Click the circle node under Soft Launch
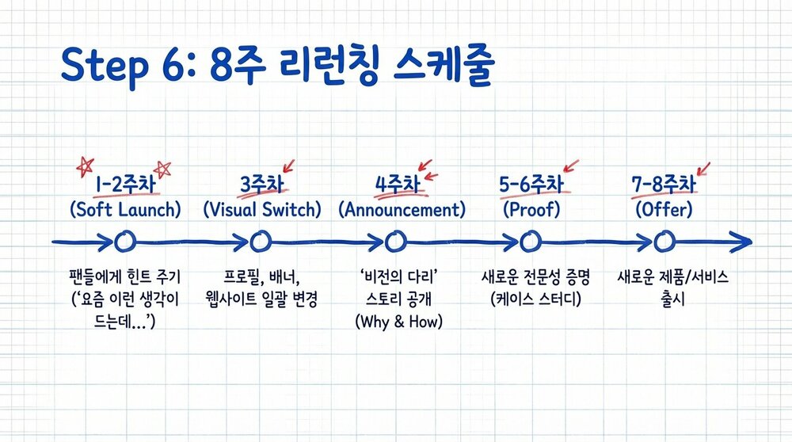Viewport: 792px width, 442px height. tap(123, 241)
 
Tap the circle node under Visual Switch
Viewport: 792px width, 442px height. tap(261, 241)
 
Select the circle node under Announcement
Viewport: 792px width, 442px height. tap(396, 241)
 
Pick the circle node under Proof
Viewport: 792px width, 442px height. tap(531, 241)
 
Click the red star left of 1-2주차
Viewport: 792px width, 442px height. tap(84, 166)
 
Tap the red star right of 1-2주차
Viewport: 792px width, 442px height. tap(163, 168)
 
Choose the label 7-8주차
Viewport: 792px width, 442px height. tap(664, 185)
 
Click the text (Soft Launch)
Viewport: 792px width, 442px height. tap(124, 210)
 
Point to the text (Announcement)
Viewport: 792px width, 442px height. tap(402, 210)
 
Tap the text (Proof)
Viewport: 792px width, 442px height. tap(531, 210)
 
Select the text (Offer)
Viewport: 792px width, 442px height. tap(664, 210)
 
